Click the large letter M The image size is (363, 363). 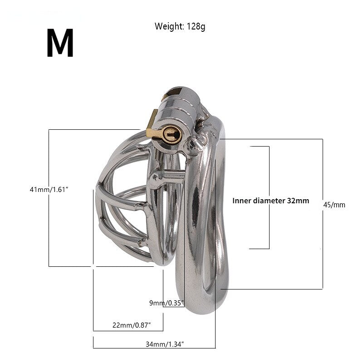(x=60, y=43)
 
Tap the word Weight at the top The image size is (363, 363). (x=169, y=26)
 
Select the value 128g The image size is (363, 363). (x=196, y=26)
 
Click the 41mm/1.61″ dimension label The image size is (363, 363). (x=49, y=190)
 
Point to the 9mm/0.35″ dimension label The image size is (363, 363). (x=167, y=303)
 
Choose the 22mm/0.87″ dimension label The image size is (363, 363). (x=132, y=325)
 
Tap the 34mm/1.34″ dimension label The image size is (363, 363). (x=165, y=344)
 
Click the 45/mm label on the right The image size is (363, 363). (x=334, y=205)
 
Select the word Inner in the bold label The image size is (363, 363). (x=242, y=201)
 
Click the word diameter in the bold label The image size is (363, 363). (x=269, y=201)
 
